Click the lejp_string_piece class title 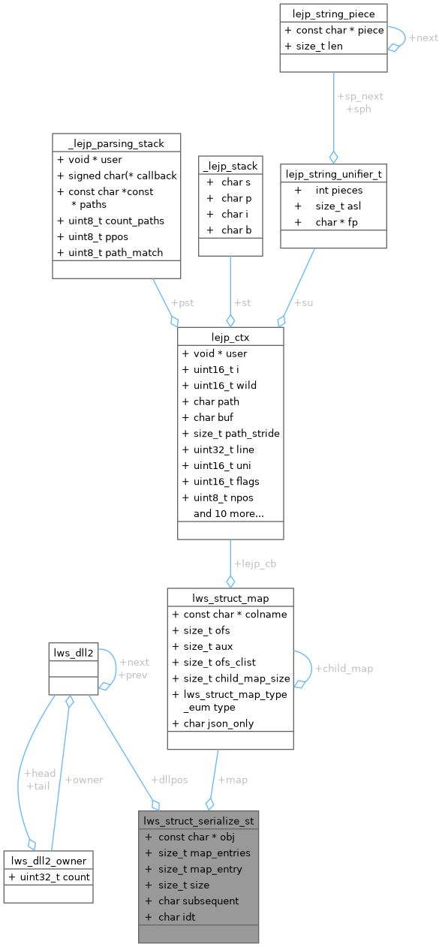pyautogui.click(x=333, y=13)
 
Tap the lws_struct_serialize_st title pyautogui.click(x=199, y=820)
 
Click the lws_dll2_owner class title pyautogui.click(x=48, y=860)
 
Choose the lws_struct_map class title pyautogui.click(x=230, y=597)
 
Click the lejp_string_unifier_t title pyautogui.click(x=333, y=173)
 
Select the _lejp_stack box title pyautogui.click(x=230, y=166)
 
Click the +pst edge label pyautogui.click(x=182, y=302)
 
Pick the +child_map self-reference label pyautogui.click(x=344, y=668)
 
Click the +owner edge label pyautogui.click(x=84, y=779)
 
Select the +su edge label pyautogui.click(x=303, y=302)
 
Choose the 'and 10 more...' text pyautogui.click(x=228, y=513)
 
